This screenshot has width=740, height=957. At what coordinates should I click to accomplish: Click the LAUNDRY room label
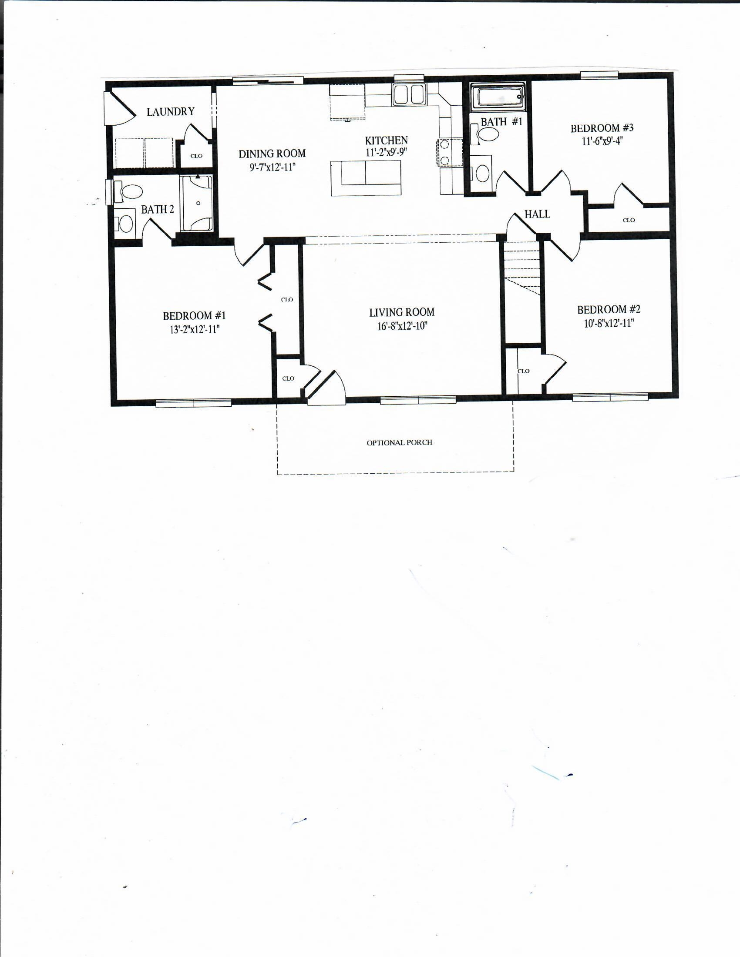tap(170, 112)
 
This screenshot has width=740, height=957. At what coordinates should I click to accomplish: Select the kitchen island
tap(366, 177)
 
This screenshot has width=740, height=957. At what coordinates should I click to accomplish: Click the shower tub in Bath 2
tap(197, 203)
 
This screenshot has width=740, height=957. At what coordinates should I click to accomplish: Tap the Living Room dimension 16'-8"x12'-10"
tap(402, 326)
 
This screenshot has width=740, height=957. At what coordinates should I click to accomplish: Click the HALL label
tap(537, 214)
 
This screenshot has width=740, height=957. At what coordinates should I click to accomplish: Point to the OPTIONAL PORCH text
tap(399, 442)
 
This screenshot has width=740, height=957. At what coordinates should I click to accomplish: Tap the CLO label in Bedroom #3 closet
tap(628, 220)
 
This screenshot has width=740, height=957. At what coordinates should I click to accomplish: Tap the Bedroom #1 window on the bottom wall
tap(193, 403)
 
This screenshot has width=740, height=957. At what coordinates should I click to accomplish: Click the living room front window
tap(418, 399)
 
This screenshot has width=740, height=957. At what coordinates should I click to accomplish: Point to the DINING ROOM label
tap(272, 154)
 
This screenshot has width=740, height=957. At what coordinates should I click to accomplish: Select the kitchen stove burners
tap(444, 153)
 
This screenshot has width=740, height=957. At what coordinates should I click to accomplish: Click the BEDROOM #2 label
tap(609, 310)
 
